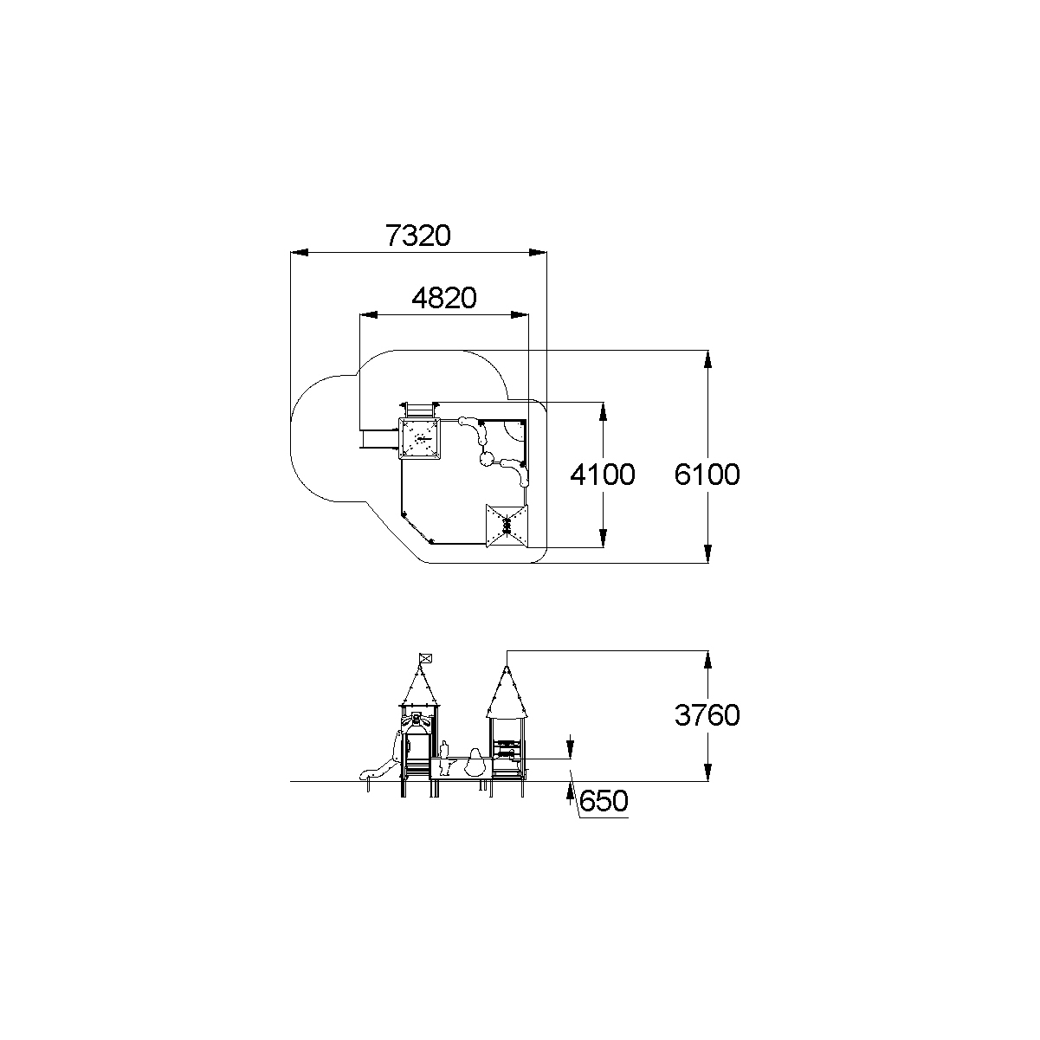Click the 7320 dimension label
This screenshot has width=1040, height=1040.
click(x=417, y=236)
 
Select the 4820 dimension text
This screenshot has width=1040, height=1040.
click(x=444, y=298)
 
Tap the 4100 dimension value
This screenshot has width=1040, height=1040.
click(x=603, y=475)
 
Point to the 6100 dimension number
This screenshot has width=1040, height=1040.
click(x=707, y=475)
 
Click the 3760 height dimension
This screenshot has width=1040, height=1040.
click(x=707, y=715)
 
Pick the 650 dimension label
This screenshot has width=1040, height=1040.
click(x=604, y=801)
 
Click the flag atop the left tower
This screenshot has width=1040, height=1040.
click(x=426, y=657)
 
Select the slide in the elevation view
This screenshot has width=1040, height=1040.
click(x=379, y=762)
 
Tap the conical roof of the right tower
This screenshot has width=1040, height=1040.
click(x=507, y=693)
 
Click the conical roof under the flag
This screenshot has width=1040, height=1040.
click(x=420, y=686)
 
